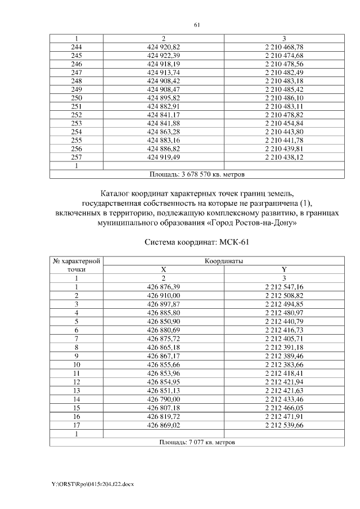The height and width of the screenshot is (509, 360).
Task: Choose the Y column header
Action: coord(284,269)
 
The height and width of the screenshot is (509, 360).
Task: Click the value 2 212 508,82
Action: coord(284,295)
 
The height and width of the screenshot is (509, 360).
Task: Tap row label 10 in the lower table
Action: coord(76,365)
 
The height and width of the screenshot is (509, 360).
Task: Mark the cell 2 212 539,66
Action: coord(284,425)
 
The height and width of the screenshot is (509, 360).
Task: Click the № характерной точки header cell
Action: coord(76,265)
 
